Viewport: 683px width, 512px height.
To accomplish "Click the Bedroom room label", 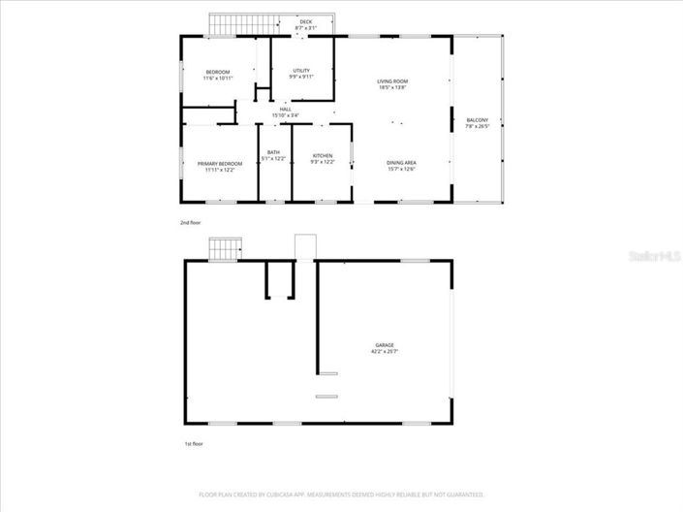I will click(218, 73).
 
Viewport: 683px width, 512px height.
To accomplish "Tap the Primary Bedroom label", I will click(220, 164).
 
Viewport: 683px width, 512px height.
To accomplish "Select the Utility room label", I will click(301, 71).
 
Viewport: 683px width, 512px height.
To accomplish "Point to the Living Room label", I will click(392, 80).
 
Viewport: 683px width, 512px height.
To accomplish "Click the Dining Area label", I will click(401, 162).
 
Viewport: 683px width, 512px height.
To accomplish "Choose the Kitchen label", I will click(323, 155).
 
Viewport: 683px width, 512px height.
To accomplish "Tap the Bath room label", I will click(274, 152).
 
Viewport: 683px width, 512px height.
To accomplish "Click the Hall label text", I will click(286, 110).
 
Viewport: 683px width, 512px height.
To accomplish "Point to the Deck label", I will click(306, 21).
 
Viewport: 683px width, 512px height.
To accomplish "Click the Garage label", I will click(386, 344).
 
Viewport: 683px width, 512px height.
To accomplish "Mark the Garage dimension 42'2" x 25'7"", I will click(386, 351).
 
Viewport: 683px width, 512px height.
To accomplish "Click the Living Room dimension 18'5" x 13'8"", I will click(392, 87).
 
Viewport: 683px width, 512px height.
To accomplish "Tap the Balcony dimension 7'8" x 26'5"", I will click(478, 127).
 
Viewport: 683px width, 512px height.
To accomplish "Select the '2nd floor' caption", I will click(191, 223).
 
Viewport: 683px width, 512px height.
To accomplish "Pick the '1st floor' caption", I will click(194, 444).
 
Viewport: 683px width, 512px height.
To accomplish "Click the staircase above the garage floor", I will click(224, 248).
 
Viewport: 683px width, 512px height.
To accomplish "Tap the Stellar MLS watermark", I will click(655, 257).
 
